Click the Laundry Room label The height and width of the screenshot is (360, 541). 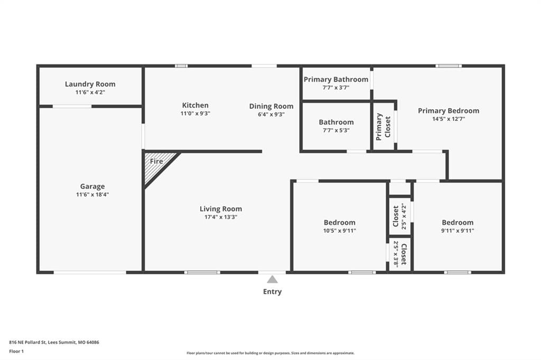click(90, 84)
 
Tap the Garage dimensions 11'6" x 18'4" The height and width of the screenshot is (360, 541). click(92, 194)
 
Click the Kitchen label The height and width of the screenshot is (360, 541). click(195, 105)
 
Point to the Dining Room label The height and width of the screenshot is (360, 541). click(271, 106)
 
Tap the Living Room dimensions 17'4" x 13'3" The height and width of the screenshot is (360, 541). click(221, 217)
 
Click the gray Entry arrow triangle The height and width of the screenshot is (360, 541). click(272, 279)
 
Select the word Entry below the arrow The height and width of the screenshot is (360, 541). click(272, 292)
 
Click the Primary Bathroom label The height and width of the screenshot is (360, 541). click(336, 79)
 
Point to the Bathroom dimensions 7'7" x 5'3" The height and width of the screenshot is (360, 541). click(336, 130)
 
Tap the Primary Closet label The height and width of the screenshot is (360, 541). click(383, 127)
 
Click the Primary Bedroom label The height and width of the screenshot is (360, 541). click(449, 111)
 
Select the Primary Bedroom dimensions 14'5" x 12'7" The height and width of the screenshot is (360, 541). click(449, 119)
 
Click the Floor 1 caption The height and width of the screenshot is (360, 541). click(16, 352)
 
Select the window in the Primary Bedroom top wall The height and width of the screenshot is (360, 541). click(448, 66)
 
